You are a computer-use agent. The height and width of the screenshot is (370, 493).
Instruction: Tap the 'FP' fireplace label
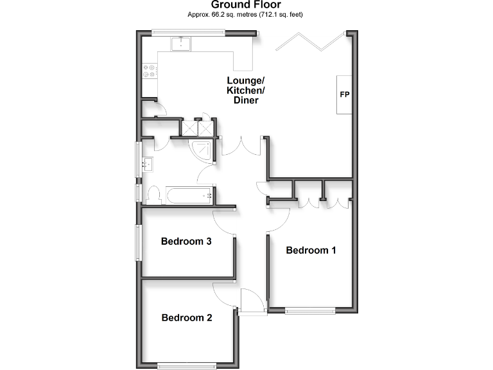[345, 95]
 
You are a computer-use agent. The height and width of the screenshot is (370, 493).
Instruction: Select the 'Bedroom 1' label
[311, 250]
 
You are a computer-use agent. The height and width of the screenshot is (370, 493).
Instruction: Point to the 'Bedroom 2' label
[186, 317]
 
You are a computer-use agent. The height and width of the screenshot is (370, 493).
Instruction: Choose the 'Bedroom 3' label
[186, 242]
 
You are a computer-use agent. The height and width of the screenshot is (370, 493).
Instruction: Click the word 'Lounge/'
[245, 80]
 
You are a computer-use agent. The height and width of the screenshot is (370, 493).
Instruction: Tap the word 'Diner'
[245, 101]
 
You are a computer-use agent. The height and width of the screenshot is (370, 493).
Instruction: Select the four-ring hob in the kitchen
[151, 70]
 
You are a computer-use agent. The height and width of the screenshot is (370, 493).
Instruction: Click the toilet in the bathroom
[153, 194]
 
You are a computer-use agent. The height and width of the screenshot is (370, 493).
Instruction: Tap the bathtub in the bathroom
[189, 195]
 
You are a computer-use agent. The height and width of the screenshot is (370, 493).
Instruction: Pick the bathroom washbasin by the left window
[147, 164]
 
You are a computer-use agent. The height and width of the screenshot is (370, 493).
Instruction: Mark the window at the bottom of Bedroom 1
[310, 311]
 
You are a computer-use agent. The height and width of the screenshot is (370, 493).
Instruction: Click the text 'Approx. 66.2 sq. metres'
[221, 14]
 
